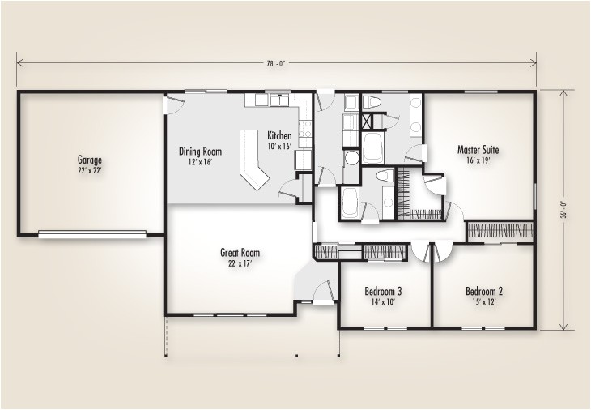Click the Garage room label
point(89,160)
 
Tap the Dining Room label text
point(200,151)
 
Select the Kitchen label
point(280,135)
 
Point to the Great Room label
point(239,252)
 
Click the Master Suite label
point(478,150)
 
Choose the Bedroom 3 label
point(385,291)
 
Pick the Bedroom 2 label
point(484,291)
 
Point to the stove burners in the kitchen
point(304,130)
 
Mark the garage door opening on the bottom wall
point(91,235)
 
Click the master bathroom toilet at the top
point(372,103)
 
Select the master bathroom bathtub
point(374,148)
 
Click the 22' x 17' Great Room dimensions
point(239,263)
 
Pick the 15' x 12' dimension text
point(484,302)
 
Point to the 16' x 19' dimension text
point(478,161)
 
